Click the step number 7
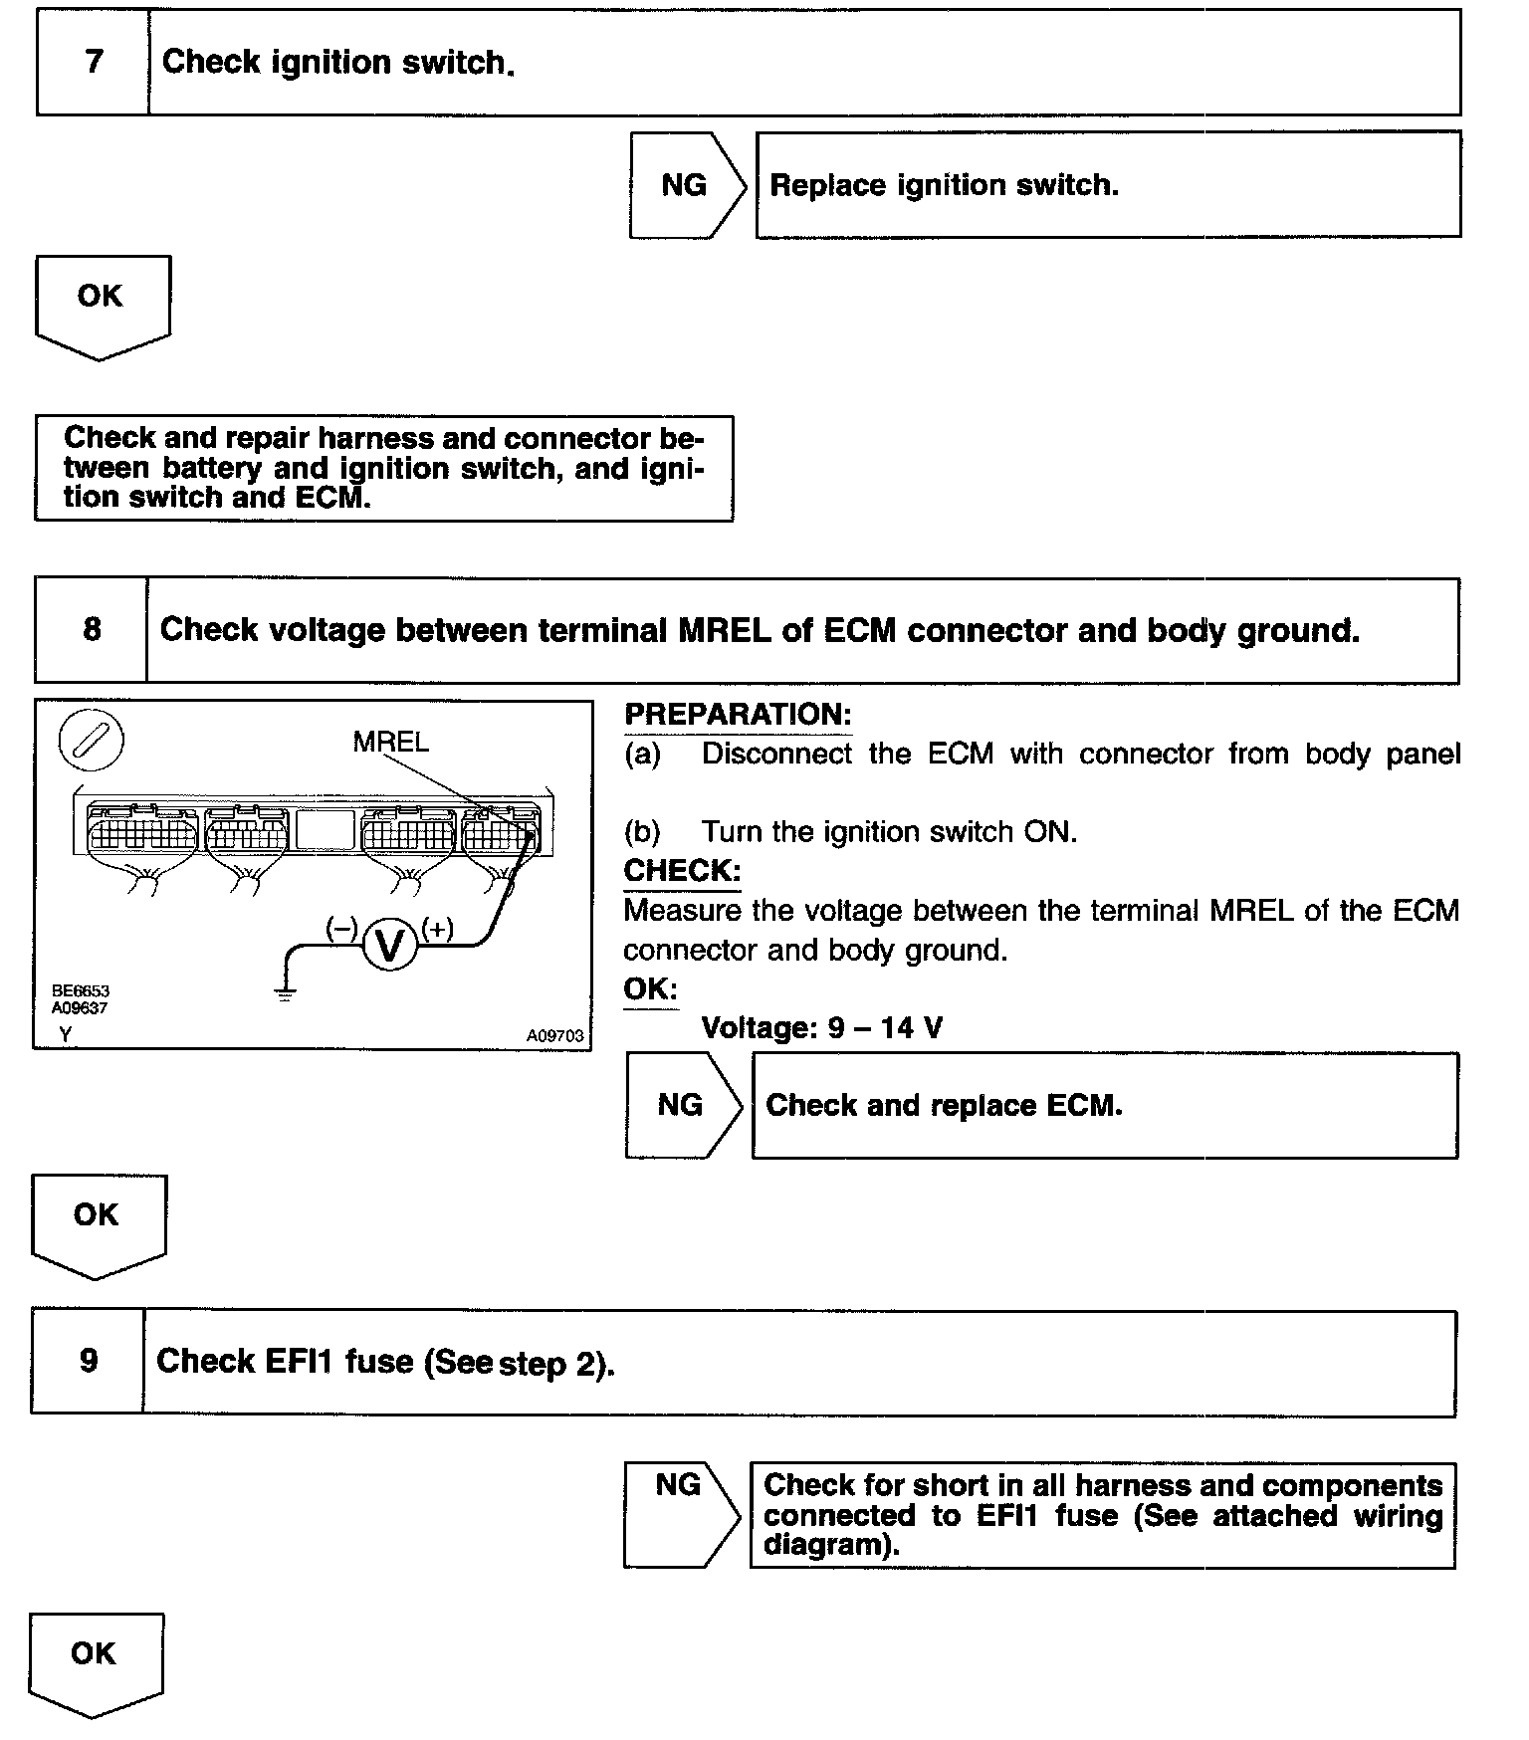coord(94,62)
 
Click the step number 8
coord(92,629)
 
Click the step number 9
coord(89,1361)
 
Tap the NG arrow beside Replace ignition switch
coord(686,185)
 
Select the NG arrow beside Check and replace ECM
coord(682,1105)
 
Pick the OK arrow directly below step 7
coord(101,304)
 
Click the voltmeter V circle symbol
coord(390,945)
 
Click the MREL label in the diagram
coord(391,742)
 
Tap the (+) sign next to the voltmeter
coord(437,929)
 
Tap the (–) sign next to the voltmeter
coord(341,929)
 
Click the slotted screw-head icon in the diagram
coord(92,742)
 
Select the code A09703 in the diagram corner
coord(554,1036)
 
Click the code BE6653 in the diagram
coord(81,991)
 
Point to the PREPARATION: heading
coord(738,714)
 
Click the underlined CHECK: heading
coord(682,871)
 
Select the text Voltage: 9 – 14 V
coord(821,1027)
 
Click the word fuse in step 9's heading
coord(378,1361)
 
